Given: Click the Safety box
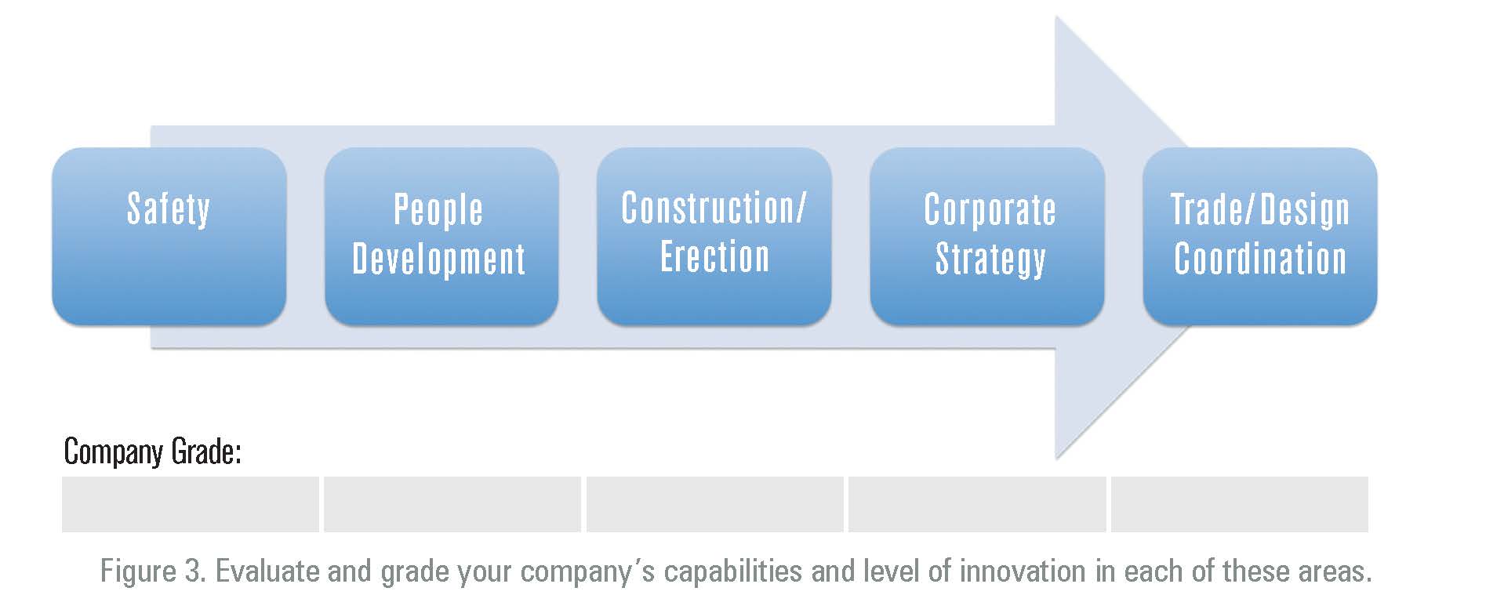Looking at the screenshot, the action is click(x=169, y=236).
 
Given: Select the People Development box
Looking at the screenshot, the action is click(x=441, y=236).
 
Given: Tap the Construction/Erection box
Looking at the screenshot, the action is click(x=714, y=236).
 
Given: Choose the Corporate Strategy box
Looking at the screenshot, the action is click(x=987, y=236).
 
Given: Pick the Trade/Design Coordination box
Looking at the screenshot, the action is click(x=1260, y=236).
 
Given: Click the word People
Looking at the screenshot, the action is click(x=438, y=211).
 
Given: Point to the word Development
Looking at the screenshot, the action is click(x=439, y=259).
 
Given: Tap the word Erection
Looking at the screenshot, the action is click(x=715, y=256).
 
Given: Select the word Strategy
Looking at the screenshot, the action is click(x=990, y=259).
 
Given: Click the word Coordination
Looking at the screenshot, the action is click(x=1260, y=258).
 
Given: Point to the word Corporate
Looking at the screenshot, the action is click(x=990, y=210).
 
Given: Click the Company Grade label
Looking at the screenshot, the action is click(x=152, y=452).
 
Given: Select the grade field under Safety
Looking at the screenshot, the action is click(x=191, y=504).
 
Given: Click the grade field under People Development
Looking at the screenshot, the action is click(x=452, y=504).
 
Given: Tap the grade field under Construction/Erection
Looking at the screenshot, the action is click(x=715, y=504).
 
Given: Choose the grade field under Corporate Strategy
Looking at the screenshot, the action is click(x=977, y=504).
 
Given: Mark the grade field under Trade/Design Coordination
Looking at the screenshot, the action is click(x=1240, y=504).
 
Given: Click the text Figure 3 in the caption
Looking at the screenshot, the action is click(x=153, y=571).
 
